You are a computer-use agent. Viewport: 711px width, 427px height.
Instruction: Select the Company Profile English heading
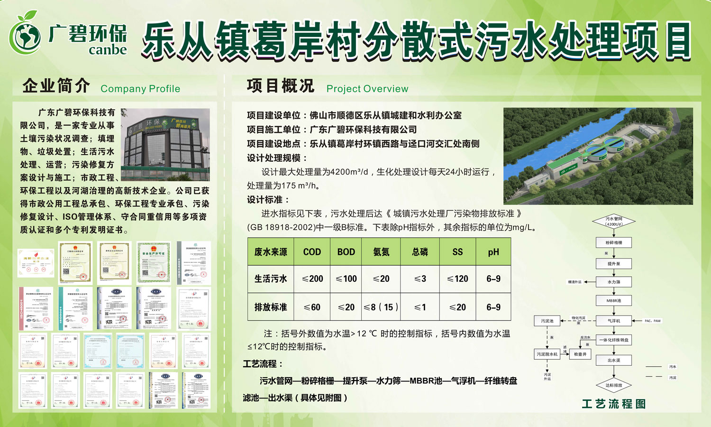140,89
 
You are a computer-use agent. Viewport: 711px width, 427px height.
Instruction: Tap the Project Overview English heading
367,89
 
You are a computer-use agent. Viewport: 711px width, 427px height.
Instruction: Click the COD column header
312,252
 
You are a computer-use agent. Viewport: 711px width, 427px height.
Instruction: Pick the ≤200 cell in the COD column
312,279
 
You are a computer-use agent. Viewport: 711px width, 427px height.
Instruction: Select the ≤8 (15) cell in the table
381,307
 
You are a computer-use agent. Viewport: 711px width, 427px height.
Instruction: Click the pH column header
493,252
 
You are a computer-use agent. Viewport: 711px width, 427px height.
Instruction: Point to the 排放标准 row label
271,307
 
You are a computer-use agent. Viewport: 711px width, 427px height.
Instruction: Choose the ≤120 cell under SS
457,279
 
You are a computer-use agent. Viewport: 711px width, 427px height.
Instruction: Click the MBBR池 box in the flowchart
614,301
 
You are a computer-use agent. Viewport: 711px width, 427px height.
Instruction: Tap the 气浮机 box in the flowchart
614,321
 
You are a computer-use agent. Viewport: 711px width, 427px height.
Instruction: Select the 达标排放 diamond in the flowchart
614,385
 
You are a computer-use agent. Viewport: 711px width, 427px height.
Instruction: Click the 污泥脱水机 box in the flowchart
547,354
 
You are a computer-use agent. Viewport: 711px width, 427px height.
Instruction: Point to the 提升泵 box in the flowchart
614,263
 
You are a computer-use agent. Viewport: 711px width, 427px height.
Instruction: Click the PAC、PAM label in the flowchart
652,321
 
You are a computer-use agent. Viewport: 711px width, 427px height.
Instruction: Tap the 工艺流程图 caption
614,404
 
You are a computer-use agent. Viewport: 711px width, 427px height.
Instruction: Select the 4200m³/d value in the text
349,172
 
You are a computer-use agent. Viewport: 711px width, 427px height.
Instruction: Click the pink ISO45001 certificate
36,308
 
